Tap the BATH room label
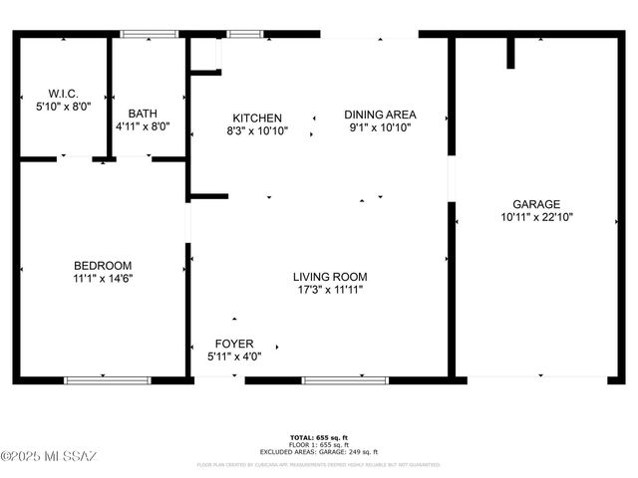(143, 113)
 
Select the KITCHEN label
(257, 118)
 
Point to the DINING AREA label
(380, 114)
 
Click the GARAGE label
(536, 203)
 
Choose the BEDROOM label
(103, 265)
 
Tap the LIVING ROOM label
(330, 277)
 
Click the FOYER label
(233, 344)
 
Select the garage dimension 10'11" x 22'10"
(536, 217)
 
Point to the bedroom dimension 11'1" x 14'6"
(103, 279)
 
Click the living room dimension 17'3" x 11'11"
(330, 290)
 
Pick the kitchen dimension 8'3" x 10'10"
(257, 130)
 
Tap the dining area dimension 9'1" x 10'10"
(380, 127)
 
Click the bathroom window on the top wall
(150, 35)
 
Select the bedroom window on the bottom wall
(108, 379)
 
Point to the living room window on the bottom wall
(331, 379)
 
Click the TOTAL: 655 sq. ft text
(318, 438)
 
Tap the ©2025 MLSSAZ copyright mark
(48, 456)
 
